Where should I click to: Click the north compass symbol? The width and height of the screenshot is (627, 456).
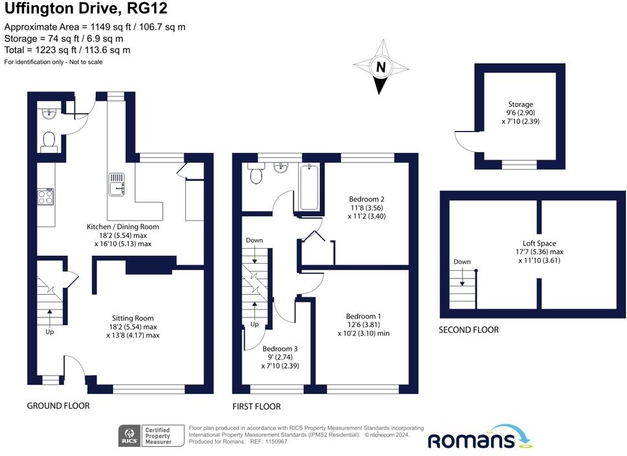[x=381, y=67]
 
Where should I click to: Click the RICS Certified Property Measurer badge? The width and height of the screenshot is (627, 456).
[x=144, y=435]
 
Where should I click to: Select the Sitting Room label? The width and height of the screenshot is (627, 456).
[x=133, y=318]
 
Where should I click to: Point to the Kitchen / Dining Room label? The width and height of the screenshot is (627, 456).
[x=123, y=227]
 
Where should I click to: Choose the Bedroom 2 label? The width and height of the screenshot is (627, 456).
[x=367, y=199]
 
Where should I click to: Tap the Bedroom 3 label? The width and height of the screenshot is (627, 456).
[x=280, y=348]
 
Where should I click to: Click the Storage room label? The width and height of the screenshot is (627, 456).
[x=520, y=104]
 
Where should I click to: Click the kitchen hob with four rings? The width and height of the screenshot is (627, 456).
[x=46, y=196]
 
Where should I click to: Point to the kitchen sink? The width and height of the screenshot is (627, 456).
[x=117, y=184]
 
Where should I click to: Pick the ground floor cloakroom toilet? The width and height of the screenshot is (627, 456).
[x=48, y=141]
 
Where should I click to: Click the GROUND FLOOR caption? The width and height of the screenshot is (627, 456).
[x=58, y=405]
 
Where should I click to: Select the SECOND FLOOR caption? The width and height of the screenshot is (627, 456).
[x=469, y=330]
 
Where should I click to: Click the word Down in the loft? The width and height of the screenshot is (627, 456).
[x=462, y=262]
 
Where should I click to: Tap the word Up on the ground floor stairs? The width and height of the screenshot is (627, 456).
[x=50, y=332]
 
